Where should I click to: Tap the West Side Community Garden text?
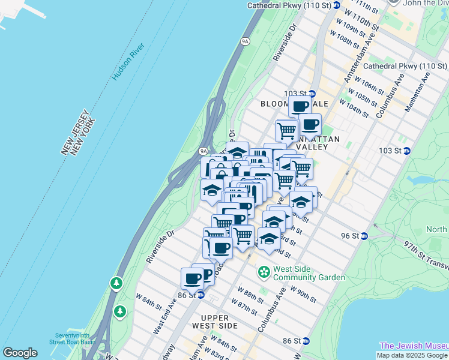tap(309, 273)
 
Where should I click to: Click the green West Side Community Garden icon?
tap(264, 273)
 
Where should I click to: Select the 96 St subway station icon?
tap(364, 236)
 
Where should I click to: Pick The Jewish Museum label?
tap(414, 346)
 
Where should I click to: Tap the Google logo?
tap(20, 353)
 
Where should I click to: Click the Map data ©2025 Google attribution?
tap(412, 355)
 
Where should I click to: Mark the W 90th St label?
tap(303, 293)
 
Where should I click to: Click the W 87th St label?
tap(247, 308)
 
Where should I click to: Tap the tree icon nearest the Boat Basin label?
tap(120, 311)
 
